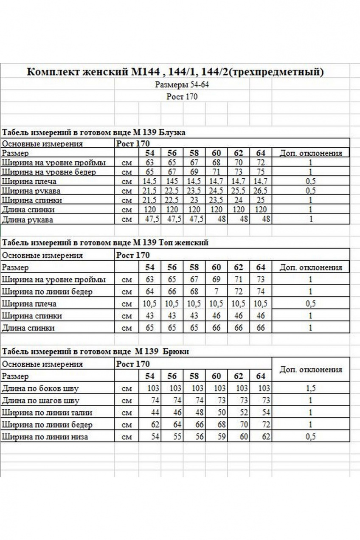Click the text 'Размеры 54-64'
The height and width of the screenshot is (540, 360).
[182, 84]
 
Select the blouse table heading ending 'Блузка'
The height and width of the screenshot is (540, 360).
[94, 132]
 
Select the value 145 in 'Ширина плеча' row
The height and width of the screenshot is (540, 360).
[172, 181]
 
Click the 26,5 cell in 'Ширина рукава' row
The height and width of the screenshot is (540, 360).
[260, 191]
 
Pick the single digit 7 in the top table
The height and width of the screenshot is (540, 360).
[217, 292]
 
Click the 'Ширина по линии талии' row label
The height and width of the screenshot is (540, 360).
[47, 412]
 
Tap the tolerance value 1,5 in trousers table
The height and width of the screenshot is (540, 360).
[310, 388]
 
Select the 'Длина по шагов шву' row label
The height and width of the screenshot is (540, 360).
[41, 400]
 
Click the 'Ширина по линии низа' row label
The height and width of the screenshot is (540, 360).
[45, 436]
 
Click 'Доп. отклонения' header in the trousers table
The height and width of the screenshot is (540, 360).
[310, 369]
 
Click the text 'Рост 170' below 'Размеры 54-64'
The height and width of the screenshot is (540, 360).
[182, 97]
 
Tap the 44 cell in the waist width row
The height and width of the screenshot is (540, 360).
[154, 412]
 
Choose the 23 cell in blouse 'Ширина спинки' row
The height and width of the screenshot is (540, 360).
[194, 200]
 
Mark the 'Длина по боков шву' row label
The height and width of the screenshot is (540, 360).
[40, 388]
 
